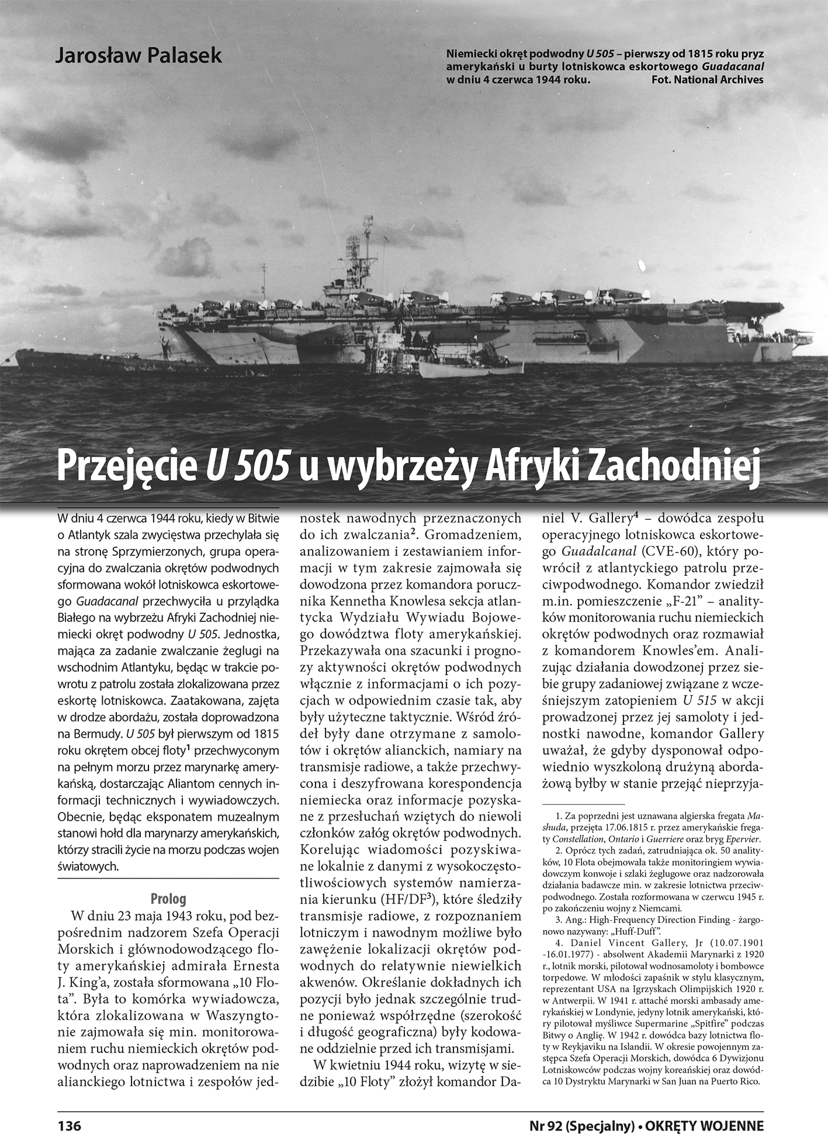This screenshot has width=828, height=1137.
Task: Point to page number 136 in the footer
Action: [x=69, y=1125]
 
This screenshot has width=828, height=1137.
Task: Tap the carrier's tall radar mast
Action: [x=368, y=234]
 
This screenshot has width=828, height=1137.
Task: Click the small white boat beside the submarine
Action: [x=471, y=368]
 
